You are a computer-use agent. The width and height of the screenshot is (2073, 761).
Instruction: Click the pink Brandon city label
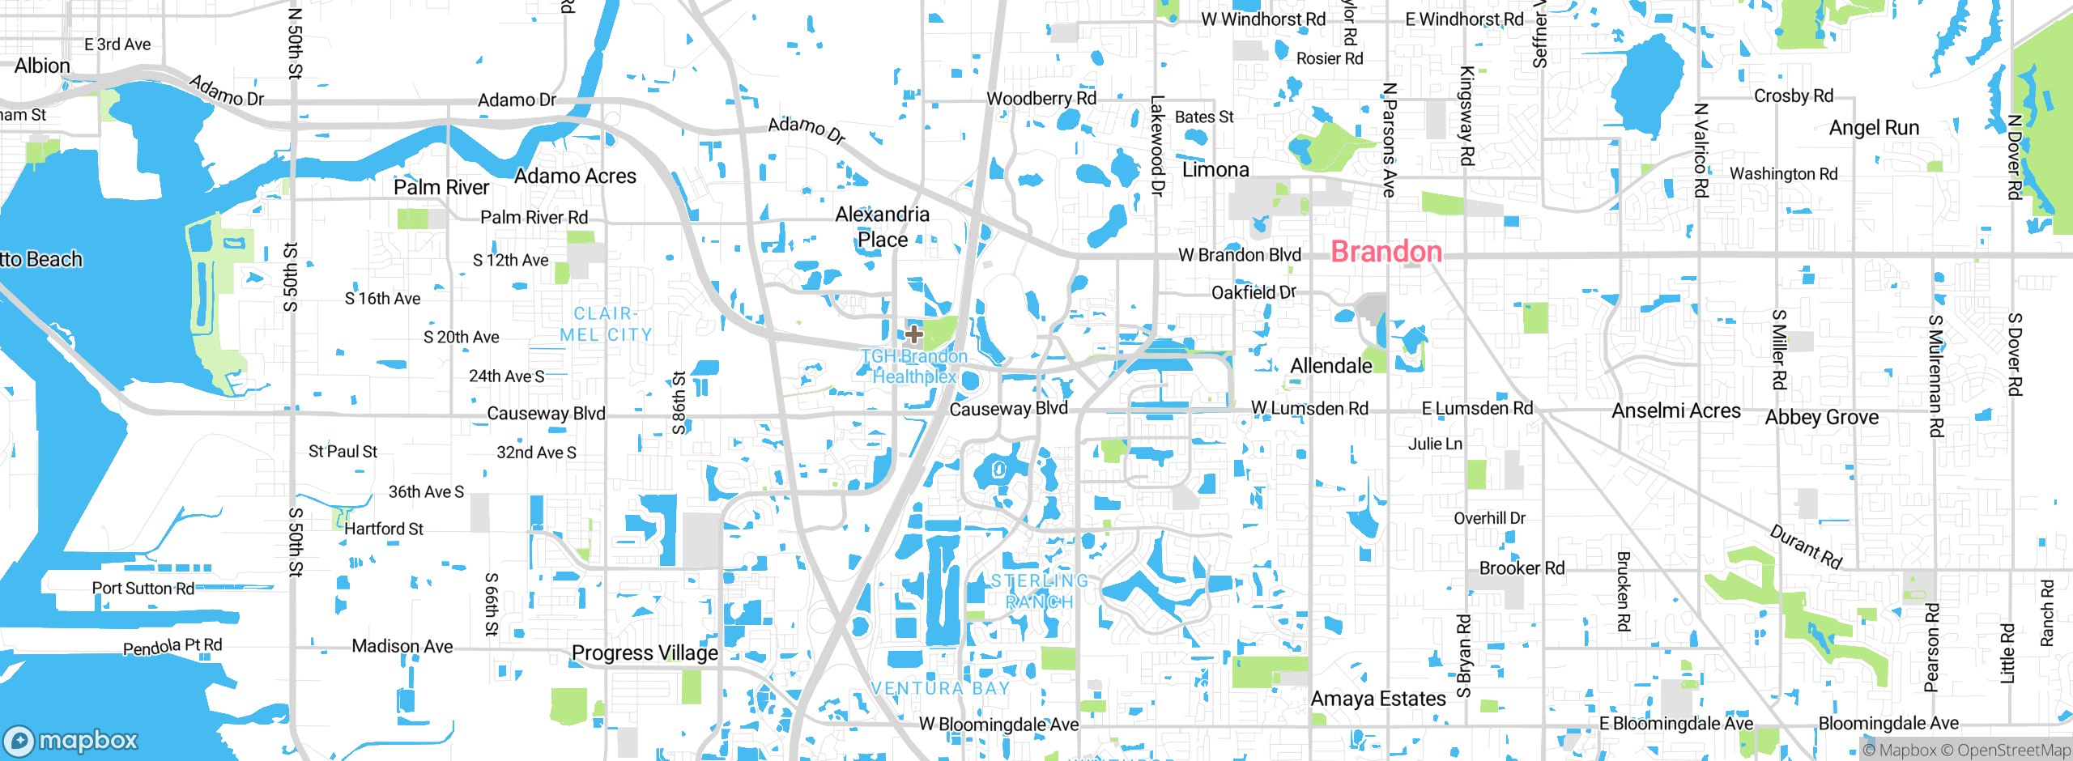click(1386, 252)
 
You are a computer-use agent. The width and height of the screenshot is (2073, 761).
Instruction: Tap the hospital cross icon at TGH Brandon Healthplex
click(913, 334)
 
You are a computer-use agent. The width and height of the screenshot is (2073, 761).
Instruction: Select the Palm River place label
click(441, 188)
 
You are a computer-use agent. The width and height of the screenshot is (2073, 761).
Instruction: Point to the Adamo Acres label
click(575, 176)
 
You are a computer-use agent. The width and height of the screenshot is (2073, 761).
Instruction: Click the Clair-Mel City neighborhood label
click(606, 324)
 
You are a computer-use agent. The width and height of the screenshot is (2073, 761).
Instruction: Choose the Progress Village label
click(645, 653)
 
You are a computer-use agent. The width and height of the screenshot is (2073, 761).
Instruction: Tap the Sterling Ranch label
click(1040, 592)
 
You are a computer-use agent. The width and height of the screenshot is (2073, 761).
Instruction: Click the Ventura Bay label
click(941, 688)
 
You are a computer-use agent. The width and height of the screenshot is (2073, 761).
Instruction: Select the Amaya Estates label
click(1378, 699)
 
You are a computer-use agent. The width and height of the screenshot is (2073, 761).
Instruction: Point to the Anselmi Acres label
click(1675, 411)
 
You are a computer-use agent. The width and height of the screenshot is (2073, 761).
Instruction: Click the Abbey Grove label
click(1821, 418)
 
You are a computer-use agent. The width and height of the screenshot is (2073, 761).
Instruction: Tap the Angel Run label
click(1874, 128)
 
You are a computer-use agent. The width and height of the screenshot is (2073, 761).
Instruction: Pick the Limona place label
click(1215, 170)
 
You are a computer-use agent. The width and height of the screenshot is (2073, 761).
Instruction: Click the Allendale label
click(1330, 366)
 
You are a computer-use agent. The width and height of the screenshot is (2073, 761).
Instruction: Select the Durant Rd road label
click(1806, 547)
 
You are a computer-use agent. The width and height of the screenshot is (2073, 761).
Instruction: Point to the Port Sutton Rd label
click(143, 589)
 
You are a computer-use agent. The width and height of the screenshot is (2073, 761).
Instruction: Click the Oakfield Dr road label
click(1254, 292)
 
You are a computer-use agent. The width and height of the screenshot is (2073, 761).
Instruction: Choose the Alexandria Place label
click(882, 227)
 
